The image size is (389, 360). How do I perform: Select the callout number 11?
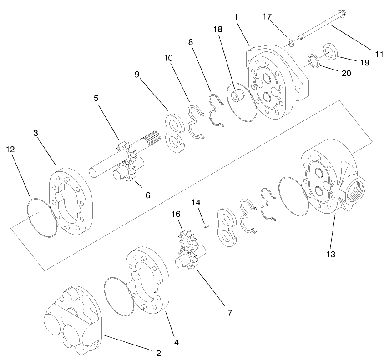coord(379,54)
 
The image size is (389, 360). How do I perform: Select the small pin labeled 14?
coord(207,224)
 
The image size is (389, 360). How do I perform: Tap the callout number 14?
coord(196,202)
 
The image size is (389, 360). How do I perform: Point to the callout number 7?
coord(230,313)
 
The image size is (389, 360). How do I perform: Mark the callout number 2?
coord(158,352)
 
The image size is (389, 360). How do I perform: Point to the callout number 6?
coord(147,195)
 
